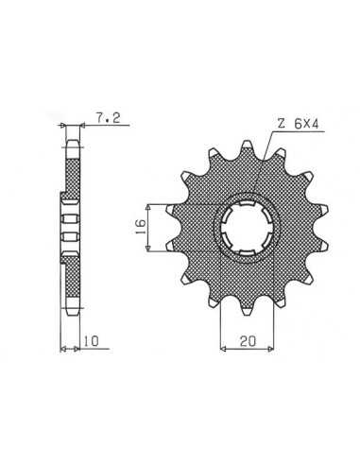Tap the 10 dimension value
[92, 340]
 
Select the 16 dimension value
[141, 227]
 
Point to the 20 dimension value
[248, 341]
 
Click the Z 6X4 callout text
[298, 124]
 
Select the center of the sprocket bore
[247, 228]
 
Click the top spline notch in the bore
[247, 204]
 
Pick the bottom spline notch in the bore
[247, 252]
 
